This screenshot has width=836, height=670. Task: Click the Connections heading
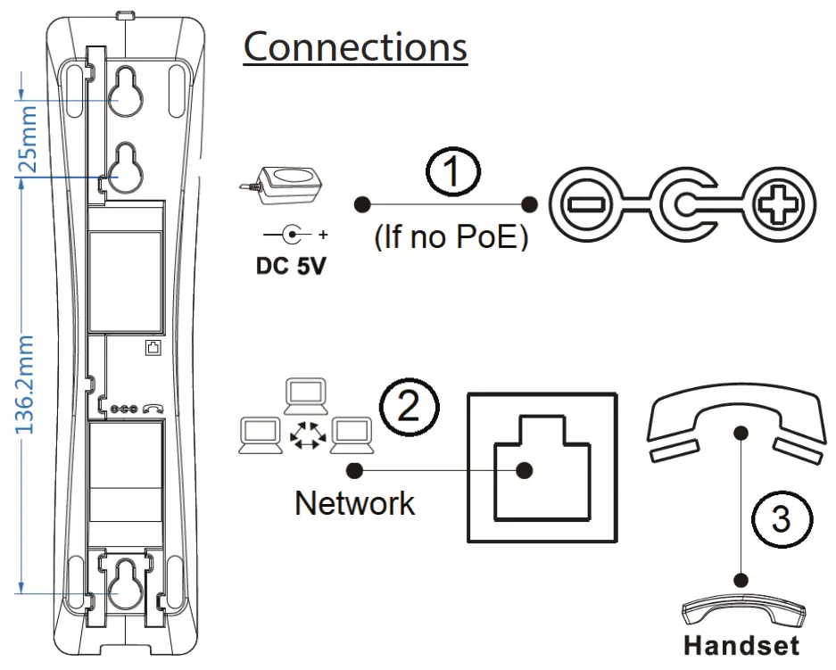355,47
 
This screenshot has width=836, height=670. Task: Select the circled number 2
410,407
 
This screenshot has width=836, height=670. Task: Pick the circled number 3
781,518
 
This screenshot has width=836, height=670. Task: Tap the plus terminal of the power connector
783,204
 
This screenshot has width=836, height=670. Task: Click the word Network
354,503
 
